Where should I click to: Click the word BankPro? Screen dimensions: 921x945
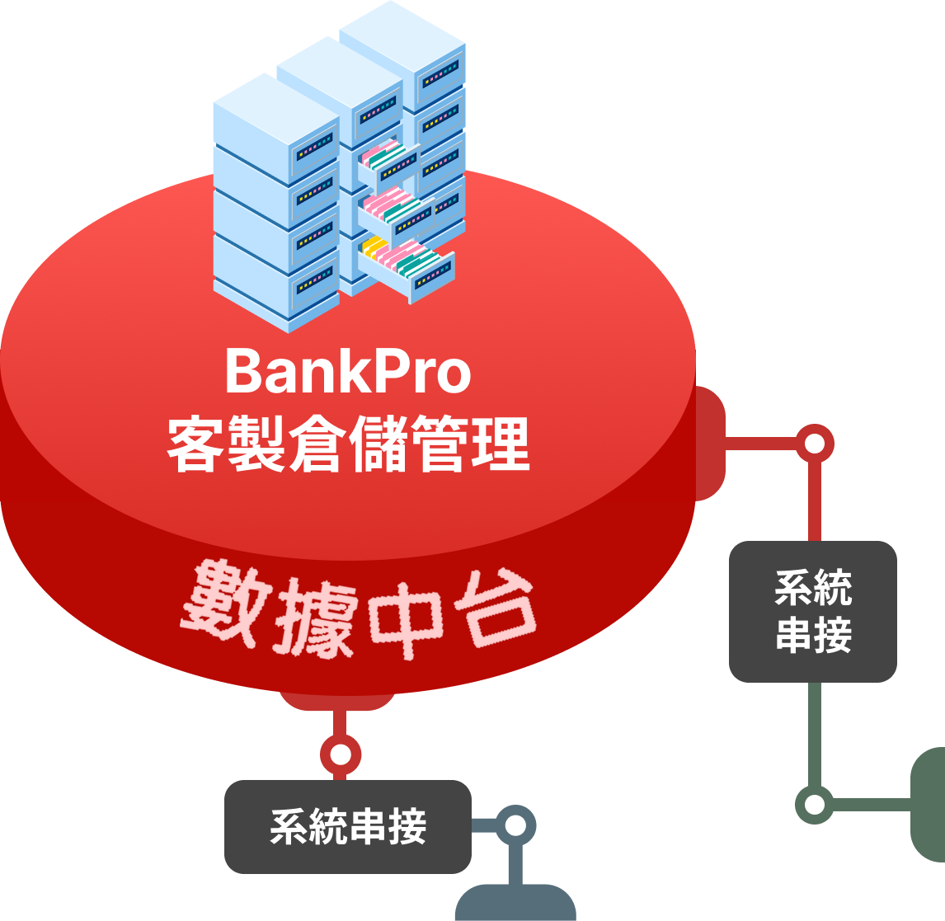347,372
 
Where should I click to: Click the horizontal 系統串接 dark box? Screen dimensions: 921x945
347,826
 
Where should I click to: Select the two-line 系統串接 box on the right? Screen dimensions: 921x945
812,611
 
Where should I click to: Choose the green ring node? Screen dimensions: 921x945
814,803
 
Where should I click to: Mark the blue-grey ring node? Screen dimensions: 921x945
515,825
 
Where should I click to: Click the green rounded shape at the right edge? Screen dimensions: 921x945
929,803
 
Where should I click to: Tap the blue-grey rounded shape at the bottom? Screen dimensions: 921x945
515,903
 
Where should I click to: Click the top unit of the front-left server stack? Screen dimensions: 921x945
276,124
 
